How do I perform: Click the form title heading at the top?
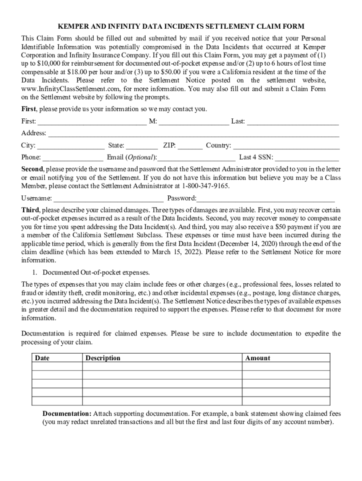pos(181,26)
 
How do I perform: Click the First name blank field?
pos(92,122)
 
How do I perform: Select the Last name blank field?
pos(293,122)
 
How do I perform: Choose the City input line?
pos(71,146)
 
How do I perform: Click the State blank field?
pos(142,146)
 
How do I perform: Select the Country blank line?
pos(286,146)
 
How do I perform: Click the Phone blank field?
pos(73,158)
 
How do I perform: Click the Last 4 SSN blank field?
pos(307,158)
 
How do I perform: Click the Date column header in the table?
pos(42,358)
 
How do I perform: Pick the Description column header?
pos(103,358)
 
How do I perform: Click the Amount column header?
pos(258,358)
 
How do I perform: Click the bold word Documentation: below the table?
pos(67,414)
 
